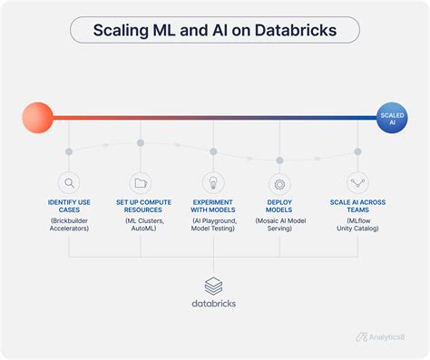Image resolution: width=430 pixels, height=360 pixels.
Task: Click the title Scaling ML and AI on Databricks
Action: click(x=214, y=30)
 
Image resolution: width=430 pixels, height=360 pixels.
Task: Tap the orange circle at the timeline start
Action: click(x=38, y=117)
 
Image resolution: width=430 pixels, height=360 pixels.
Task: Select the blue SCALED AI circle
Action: click(x=392, y=117)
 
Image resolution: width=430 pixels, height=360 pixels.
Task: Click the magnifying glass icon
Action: click(x=68, y=182)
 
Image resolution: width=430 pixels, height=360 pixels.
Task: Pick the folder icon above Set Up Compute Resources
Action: click(x=140, y=182)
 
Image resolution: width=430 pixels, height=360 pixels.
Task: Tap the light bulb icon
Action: click(x=213, y=182)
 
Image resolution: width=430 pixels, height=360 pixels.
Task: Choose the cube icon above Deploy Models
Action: click(x=279, y=182)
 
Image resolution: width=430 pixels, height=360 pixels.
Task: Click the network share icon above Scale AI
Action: click(x=357, y=182)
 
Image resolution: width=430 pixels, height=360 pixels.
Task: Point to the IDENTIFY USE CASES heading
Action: click(x=68, y=205)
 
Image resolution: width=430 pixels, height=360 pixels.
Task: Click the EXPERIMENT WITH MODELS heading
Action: click(x=213, y=205)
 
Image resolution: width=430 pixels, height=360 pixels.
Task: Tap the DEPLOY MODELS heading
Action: click(x=279, y=205)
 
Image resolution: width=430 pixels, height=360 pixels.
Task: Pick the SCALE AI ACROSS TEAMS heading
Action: click(x=357, y=205)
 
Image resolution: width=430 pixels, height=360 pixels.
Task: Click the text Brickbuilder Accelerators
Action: click(x=68, y=224)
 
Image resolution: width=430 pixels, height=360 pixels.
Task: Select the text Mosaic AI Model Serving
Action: click(x=279, y=224)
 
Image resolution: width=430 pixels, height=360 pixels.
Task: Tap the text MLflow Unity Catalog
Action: click(x=357, y=224)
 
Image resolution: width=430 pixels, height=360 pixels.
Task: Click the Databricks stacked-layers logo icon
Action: click(x=214, y=286)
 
